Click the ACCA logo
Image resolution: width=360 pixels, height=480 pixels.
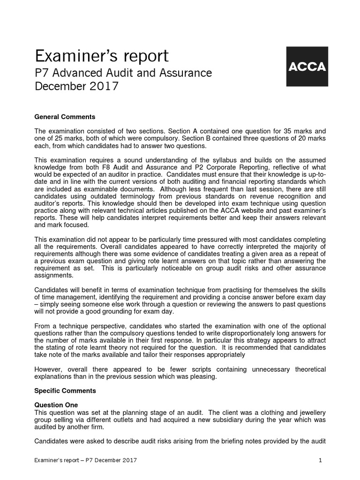coord(307,66)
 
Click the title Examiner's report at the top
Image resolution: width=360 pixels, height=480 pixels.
coord(101,56)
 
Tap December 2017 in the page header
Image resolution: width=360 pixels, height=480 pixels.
coord(77,87)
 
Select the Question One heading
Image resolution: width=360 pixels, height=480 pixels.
coord(57,405)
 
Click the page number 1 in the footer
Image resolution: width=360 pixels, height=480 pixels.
coord(320,461)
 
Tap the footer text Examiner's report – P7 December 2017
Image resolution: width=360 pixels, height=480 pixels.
coord(86,461)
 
